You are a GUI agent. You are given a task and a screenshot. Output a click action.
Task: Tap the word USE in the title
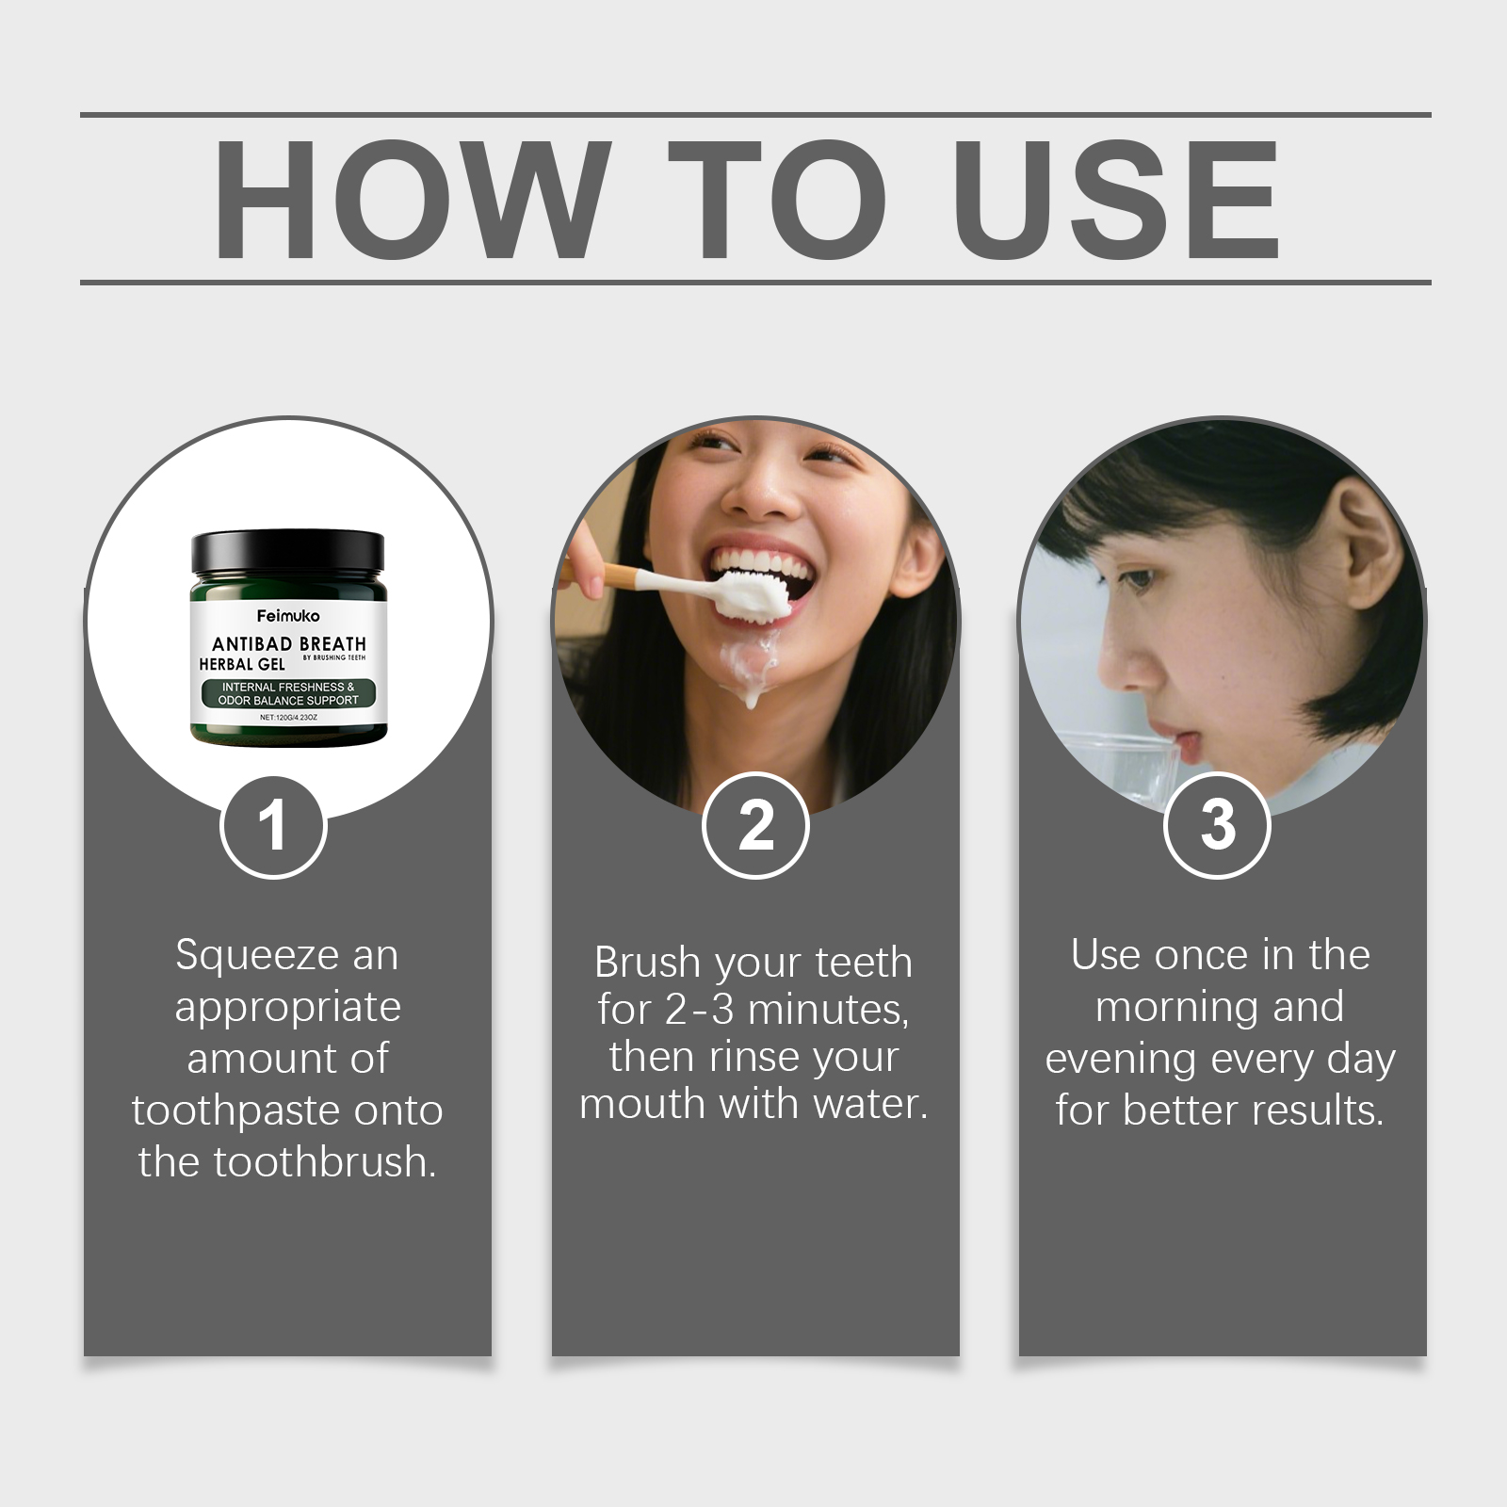pos(1116,200)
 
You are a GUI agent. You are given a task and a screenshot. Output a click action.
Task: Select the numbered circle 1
pos(273,827)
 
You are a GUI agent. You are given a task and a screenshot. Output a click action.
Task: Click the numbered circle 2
pos(755,827)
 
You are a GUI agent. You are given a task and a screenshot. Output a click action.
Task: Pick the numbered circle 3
pos(1218,825)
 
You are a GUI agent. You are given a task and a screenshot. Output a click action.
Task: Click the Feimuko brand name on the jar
pos(288,616)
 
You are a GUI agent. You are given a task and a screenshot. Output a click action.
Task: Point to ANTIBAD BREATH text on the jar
pos(288,644)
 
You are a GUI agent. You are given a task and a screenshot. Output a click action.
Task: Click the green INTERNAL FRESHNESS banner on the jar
pos(288,694)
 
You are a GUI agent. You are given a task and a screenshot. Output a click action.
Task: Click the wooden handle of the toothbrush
pos(603,574)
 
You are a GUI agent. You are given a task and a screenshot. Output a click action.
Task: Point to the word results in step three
pos(1319,1110)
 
